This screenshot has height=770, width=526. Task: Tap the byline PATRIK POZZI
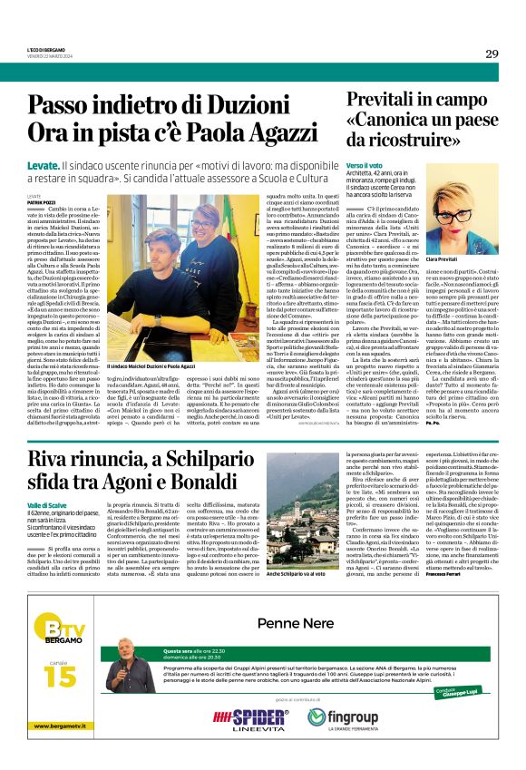coord(42,201)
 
